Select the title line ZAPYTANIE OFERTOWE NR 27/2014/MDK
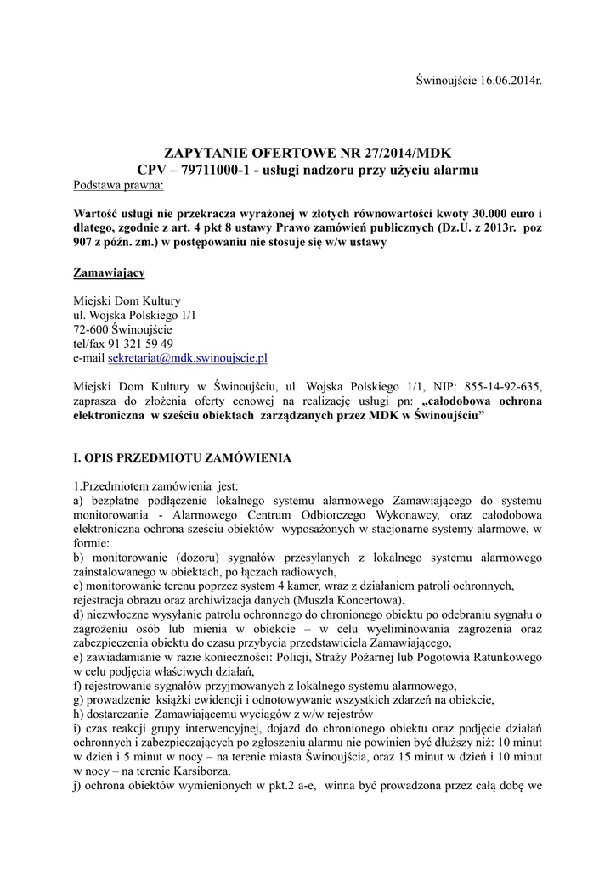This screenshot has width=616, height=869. (x=308, y=154)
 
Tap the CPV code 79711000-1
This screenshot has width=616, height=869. (x=216, y=170)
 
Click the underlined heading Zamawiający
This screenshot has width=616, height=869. (x=110, y=272)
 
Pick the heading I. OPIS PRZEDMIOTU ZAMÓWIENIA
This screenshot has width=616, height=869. (x=183, y=457)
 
